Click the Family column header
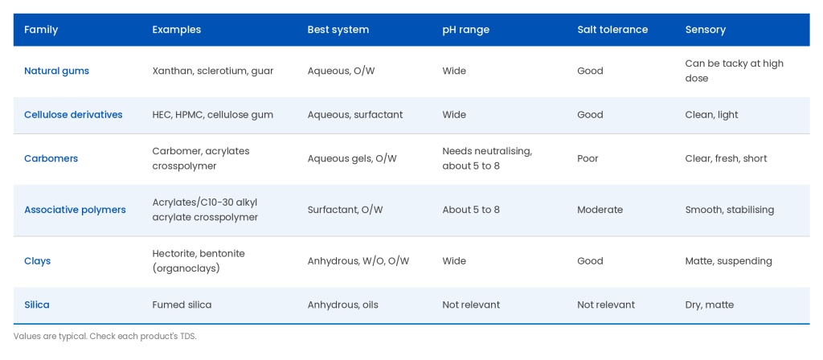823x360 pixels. click(x=41, y=30)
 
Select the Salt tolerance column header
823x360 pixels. click(x=612, y=30)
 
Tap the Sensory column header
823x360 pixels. click(x=706, y=30)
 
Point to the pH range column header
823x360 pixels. click(x=465, y=30)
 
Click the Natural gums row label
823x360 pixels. click(x=57, y=71)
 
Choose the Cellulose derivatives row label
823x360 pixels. click(x=73, y=114)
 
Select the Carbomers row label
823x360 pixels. click(x=51, y=158)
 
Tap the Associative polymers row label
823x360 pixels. click(x=75, y=210)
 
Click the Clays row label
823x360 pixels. click(x=37, y=261)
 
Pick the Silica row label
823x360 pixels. click(x=37, y=305)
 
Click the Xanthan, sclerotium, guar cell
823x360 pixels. click(x=212, y=71)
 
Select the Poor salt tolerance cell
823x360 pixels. click(x=588, y=158)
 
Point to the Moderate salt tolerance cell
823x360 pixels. click(x=600, y=210)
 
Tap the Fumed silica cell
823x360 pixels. click(x=182, y=305)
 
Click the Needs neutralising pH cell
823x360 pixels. click(x=487, y=158)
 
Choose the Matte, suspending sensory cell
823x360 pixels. click(x=728, y=261)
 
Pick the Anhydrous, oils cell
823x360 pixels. click(x=342, y=305)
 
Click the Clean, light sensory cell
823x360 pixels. click(x=712, y=114)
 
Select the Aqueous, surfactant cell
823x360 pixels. click(x=355, y=114)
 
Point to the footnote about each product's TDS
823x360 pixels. click(x=105, y=337)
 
